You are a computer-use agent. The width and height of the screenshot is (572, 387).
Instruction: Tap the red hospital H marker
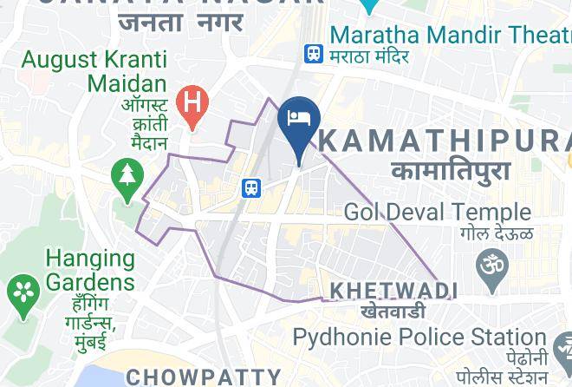192,105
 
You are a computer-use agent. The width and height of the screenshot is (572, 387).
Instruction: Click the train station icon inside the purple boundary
251,187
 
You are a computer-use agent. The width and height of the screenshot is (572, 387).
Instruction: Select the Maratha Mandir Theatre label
450,36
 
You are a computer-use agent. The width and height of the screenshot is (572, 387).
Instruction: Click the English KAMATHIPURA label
447,141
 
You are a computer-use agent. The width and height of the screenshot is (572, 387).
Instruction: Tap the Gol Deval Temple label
437,212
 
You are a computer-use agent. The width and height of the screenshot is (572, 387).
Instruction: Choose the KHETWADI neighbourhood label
393,290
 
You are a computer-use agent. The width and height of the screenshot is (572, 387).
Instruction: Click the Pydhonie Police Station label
419,337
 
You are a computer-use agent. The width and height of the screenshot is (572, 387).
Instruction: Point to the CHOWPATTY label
204,377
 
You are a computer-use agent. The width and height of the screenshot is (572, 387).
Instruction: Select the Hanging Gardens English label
90,270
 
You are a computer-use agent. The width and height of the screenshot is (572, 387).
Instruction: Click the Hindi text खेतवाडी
393,310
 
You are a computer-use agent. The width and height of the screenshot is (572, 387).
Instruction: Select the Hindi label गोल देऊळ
497,233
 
